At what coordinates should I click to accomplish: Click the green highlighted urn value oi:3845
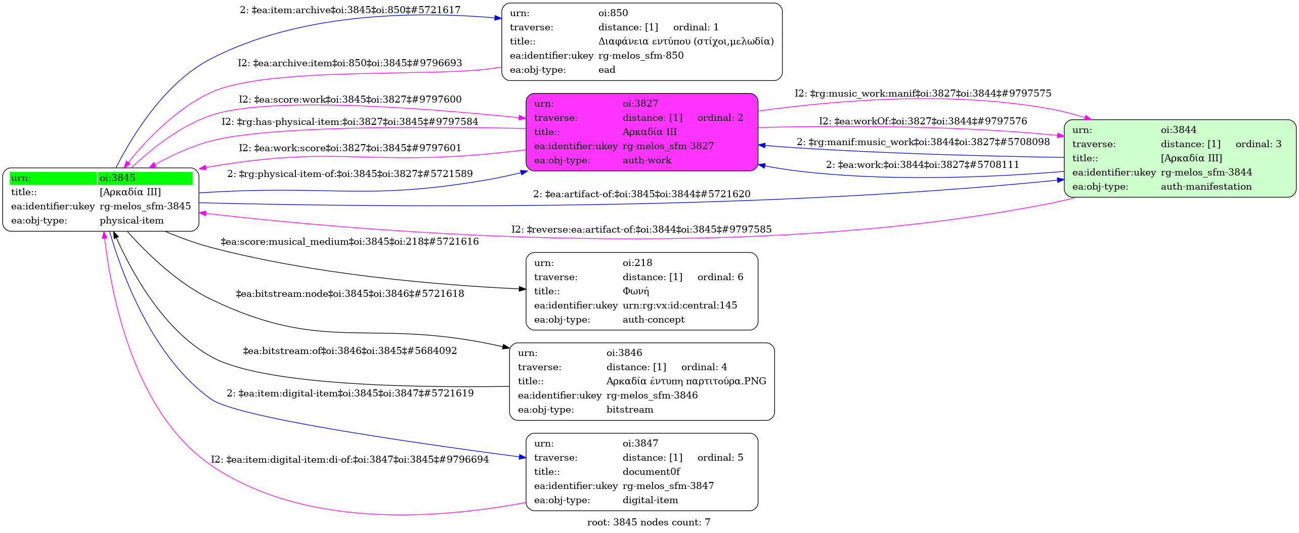pyautogui.click(x=117, y=178)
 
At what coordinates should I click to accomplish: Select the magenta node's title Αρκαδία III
pyautogui.click(x=649, y=132)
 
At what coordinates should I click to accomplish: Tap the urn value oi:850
pyautogui.click(x=613, y=13)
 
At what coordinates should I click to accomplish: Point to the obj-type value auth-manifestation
pyautogui.click(x=1206, y=187)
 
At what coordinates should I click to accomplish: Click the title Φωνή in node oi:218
pyautogui.click(x=635, y=291)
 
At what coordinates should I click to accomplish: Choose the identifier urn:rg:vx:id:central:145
pyautogui.click(x=679, y=305)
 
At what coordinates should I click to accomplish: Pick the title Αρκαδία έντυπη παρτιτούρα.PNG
pyautogui.click(x=686, y=381)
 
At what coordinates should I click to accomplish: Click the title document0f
pyautogui.click(x=651, y=472)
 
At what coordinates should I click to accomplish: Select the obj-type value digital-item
pyautogui.click(x=650, y=500)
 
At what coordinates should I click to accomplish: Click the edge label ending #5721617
pyautogui.click(x=350, y=10)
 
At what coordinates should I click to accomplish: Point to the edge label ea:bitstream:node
pyautogui.click(x=350, y=294)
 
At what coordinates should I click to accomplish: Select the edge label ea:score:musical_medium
pyautogui.click(x=350, y=242)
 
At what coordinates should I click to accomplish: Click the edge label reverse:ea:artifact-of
pyautogui.click(x=641, y=230)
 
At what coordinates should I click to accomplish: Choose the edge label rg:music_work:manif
pyautogui.click(x=923, y=94)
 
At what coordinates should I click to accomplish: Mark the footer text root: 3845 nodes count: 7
pyautogui.click(x=648, y=522)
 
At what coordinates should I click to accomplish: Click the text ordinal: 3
pyautogui.click(x=1258, y=144)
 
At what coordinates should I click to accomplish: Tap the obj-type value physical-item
pyautogui.click(x=132, y=220)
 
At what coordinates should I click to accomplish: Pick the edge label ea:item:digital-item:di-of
pyautogui.click(x=350, y=460)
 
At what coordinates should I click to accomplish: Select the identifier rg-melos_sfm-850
pyautogui.click(x=640, y=56)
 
